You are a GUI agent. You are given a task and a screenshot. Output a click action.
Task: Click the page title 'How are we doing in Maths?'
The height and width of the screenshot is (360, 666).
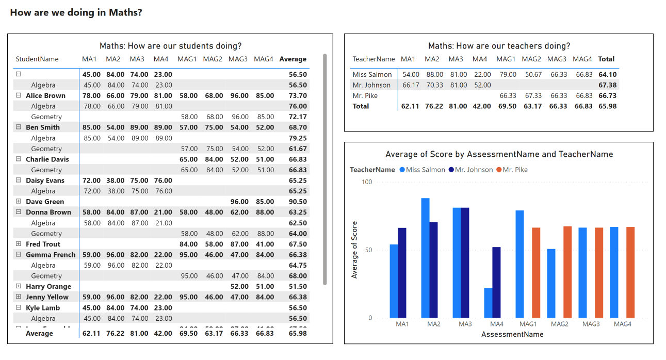pos(76,12)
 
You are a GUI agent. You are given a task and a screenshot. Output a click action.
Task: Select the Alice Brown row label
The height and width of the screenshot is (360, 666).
pos(45,95)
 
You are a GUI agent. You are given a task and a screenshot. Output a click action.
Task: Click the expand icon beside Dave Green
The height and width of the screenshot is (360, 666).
pos(19,201)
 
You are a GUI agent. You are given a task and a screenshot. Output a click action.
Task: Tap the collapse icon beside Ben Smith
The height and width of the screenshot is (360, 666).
pos(19,127)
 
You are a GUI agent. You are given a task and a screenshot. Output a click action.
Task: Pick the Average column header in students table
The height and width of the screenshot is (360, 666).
pos(293,59)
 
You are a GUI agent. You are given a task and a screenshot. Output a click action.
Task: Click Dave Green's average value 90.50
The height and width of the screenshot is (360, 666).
pos(298,202)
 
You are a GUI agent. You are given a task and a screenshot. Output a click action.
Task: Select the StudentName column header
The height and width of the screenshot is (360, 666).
pos(37,59)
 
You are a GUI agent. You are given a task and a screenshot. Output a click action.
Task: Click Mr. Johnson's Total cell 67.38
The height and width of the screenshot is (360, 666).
pos(607,85)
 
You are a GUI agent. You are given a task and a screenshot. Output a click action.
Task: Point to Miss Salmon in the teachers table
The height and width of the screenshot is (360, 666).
pos(372,75)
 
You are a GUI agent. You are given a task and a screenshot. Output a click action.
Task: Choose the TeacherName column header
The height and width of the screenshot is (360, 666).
pos(373,59)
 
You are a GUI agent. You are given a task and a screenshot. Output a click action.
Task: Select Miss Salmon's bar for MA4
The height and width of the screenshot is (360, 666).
pos(488,303)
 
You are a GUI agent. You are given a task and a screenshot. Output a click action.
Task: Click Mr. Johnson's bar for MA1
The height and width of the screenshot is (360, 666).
pos(402,273)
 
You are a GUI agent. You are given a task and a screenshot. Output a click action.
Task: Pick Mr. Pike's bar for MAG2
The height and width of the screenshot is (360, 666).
pos(567,272)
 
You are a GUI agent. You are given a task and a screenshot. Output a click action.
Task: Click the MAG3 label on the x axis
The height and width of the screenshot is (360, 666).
pos(591,324)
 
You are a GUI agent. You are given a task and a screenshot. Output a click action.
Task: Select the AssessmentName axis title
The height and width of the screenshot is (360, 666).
pos(512,334)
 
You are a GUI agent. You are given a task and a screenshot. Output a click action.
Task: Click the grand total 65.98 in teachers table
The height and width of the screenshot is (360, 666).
pos(607,106)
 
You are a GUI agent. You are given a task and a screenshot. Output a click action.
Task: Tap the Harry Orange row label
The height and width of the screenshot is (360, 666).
pos(48,286)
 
